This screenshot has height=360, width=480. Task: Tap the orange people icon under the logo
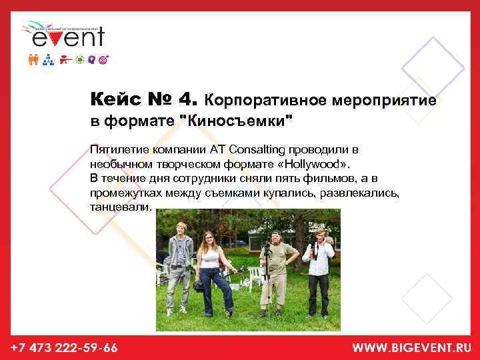pos(34,59)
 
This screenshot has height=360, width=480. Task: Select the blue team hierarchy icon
pos(48,59)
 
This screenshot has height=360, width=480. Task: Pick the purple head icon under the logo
pos(91,59)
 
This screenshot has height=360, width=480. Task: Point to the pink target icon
pos(103,59)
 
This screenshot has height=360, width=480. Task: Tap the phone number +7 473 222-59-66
pos(64,347)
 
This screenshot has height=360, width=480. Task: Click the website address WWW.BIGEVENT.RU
pos(411,347)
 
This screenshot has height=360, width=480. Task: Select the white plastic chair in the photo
pos(254,275)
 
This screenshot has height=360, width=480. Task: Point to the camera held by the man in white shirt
pos(313,240)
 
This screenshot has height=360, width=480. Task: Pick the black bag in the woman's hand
pos(199,285)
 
